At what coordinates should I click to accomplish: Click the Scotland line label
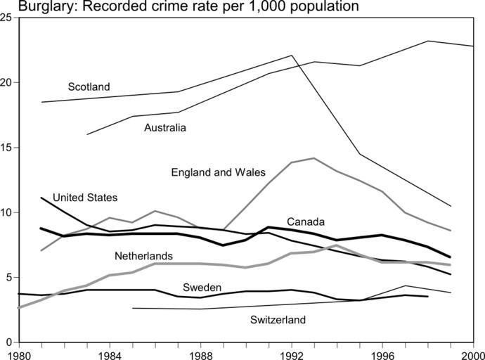pyautogui.click(x=89, y=87)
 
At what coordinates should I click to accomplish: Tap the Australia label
pyautogui.click(x=165, y=128)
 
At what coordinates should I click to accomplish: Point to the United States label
pyautogui.click(x=85, y=198)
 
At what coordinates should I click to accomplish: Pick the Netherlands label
pyautogui.click(x=143, y=256)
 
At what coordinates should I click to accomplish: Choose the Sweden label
pyautogui.click(x=202, y=288)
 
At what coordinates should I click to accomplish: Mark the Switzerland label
pyautogui.click(x=278, y=321)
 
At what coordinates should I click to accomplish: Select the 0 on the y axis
pyautogui.click(x=8, y=342)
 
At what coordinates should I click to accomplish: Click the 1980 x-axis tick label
pyautogui.click(x=18, y=354)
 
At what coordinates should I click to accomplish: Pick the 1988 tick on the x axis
pyautogui.click(x=200, y=354)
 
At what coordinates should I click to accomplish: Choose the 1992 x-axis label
pyautogui.click(x=291, y=354)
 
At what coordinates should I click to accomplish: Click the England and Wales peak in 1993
pyautogui.click(x=313, y=158)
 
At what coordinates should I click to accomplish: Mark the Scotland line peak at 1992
pyautogui.click(x=292, y=56)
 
